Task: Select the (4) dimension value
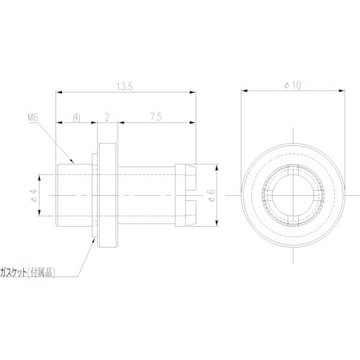(76, 116)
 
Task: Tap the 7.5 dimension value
(155, 116)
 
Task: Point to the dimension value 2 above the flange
(107, 116)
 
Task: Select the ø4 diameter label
(32, 194)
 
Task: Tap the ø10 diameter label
(292, 84)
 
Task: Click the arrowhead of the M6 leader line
(73, 162)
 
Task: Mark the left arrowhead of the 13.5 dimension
(59, 92)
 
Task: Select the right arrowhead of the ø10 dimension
(340, 91)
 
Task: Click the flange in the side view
(107, 194)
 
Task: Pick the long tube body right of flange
(148, 194)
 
